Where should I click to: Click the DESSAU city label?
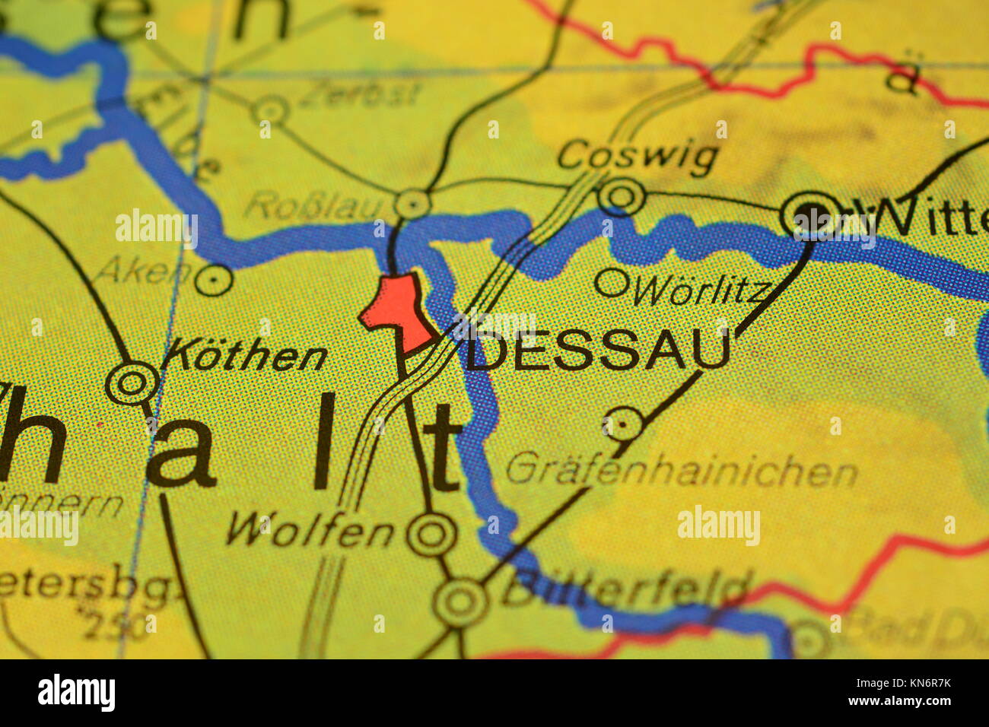tap(598, 352)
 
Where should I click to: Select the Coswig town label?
tap(638, 156)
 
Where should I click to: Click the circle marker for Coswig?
tap(622, 196)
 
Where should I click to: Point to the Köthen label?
tap(246, 356)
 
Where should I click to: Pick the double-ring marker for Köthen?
tap(132, 383)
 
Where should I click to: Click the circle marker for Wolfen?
tap(431, 534)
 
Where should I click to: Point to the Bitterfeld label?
tap(624, 589)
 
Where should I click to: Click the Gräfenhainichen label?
tap(681, 471)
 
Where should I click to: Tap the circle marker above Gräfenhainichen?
tap(624, 424)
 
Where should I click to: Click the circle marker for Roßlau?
tap(413, 204)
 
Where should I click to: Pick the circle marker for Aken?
tap(214, 280)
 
